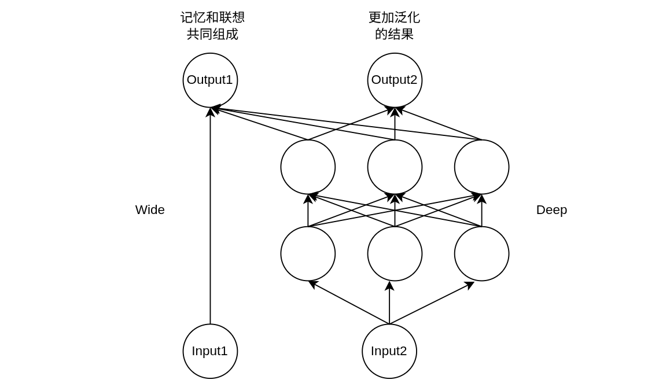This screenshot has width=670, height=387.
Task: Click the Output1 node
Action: [x=210, y=80]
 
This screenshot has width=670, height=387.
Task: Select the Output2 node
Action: [x=395, y=80]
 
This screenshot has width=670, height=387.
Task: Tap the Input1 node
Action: [x=210, y=351]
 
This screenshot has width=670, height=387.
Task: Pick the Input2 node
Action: [x=389, y=351]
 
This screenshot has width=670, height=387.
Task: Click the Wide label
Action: [x=150, y=210]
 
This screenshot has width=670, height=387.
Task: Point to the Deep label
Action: [x=551, y=210]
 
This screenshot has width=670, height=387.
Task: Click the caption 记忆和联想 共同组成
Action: [x=212, y=26]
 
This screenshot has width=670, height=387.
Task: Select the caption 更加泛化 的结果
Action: [x=394, y=26]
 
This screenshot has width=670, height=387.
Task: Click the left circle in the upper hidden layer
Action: [x=308, y=167]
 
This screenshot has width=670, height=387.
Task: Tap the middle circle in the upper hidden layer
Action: [x=395, y=167]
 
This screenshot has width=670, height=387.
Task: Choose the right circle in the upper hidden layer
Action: [x=481, y=167]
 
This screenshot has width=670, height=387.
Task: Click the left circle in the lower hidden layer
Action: [x=308, y=253]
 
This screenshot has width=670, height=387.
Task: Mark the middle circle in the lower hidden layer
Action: [x=395, y=253]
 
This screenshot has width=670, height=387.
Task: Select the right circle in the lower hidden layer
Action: [x=481, y=253]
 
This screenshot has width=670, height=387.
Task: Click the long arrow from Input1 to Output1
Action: [x=210, y=220]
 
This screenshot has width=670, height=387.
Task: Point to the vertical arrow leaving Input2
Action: [x=389, y=304]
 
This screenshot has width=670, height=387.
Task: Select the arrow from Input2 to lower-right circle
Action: [x=432, y=303]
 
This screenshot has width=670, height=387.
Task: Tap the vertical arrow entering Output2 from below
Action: [x=395, y=124]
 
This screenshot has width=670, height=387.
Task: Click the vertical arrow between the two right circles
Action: [x=481, y=211]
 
